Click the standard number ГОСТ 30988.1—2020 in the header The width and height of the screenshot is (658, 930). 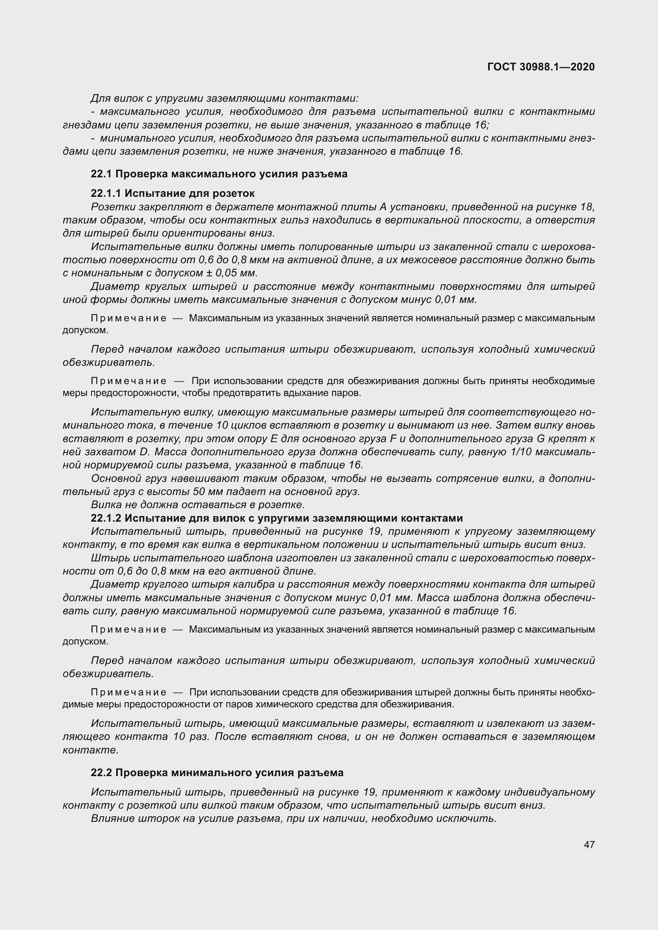[x=541, y=67]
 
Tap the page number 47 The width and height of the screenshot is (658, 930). [x=589, y=845]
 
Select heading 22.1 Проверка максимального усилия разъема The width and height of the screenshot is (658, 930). [x=219, y=174]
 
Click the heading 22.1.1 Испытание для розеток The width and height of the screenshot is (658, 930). [x=173, y=193]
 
